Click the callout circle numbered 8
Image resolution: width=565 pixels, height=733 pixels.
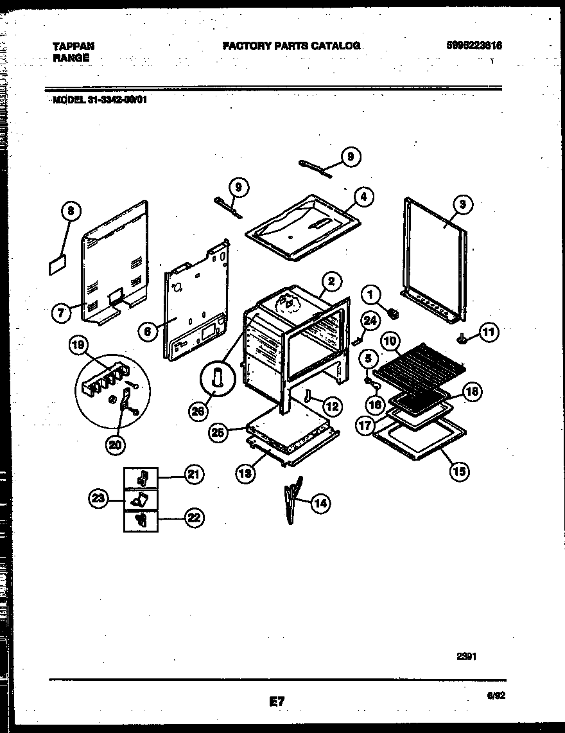(71, 211)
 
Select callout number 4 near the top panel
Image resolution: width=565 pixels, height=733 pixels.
(363, 198)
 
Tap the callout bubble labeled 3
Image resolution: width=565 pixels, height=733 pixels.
(462, 205)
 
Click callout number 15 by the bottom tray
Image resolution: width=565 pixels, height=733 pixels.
(459, 472)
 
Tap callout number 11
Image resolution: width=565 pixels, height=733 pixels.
(489, 332)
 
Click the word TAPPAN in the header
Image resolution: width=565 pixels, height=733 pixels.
(73, 46)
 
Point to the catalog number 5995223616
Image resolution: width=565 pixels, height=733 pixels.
(474, 46)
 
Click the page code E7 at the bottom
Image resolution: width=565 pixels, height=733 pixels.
(277, 703)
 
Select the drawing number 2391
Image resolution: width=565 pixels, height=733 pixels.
(467, 656)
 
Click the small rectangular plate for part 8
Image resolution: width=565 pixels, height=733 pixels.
(57, 265)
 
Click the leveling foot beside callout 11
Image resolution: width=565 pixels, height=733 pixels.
(461, 337)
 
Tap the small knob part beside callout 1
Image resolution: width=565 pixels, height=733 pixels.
(394, 314)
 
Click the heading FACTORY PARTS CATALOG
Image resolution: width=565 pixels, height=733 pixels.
(291, 46)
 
